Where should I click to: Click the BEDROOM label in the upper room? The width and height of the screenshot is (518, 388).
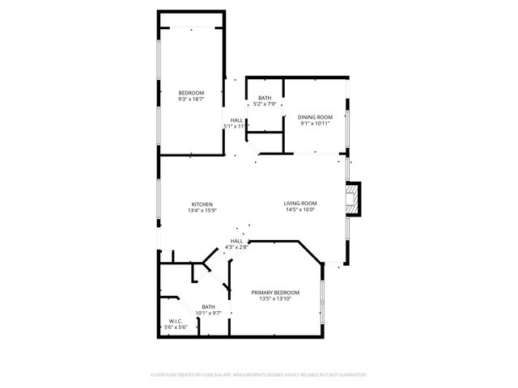[x=191, y=93]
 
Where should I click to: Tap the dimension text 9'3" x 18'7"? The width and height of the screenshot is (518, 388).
[x=191, y=99]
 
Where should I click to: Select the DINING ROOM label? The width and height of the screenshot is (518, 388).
[x=315, y=117]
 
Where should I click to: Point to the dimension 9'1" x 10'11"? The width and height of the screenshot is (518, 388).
[x=315, y=124]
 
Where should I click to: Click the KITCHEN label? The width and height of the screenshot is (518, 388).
[x=202, y=204]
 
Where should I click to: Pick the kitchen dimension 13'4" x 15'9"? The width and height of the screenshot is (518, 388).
[x=202, y=210]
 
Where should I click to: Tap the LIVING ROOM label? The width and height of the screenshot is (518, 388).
[x=299, y=203]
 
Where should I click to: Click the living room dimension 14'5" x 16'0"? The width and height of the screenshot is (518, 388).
[x=299, y=209]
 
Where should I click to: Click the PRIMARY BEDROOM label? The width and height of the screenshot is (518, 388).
[x=275, y=292]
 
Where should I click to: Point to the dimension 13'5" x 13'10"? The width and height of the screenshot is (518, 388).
[x=275, y=298]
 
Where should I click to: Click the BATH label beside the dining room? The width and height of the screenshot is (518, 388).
[x=265, y=98]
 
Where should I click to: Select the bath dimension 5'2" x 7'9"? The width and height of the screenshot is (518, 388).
[x=265, y=104]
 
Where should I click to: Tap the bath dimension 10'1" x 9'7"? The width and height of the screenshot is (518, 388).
[x=208, y=313]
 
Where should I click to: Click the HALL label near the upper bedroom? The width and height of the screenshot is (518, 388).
[x=237, y=120]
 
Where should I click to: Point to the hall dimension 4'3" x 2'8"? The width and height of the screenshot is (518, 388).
[x=236, y=247]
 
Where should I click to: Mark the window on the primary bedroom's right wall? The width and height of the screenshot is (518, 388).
[x=322, y=303]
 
